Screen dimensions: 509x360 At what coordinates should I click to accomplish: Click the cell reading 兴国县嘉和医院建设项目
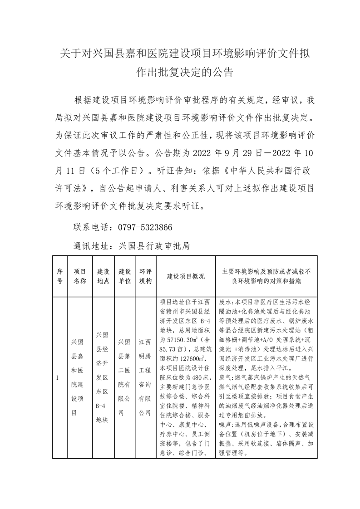click(80, 377)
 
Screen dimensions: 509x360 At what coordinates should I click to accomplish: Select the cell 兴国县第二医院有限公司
click(125, 377)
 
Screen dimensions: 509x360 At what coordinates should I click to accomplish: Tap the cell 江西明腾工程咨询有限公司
click(145, 377)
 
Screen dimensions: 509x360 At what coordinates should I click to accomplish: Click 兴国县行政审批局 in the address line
click(153, 246)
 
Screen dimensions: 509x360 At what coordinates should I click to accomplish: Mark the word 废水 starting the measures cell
click(225, 301)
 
